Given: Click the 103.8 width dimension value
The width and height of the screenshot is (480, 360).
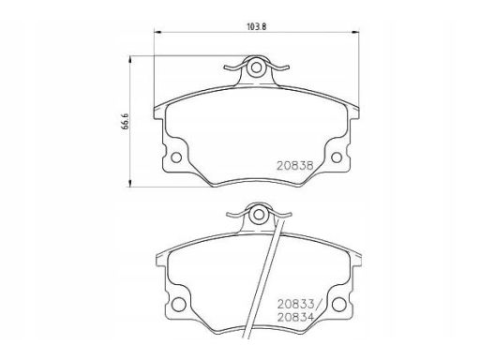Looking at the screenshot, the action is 256,26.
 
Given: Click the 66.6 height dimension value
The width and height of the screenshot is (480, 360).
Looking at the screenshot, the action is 126,121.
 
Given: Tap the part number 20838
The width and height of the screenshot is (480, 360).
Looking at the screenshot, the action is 295,165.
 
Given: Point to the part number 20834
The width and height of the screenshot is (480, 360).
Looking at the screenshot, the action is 295,317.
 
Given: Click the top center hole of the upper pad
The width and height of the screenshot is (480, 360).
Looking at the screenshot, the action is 257,67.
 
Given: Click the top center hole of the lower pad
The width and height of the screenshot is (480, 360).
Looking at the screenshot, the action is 259,215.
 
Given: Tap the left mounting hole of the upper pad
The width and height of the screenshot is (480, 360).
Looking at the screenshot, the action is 176,157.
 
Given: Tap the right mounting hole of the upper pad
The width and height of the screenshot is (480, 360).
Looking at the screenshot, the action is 337,157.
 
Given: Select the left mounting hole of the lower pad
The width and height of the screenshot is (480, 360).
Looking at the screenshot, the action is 179,305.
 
